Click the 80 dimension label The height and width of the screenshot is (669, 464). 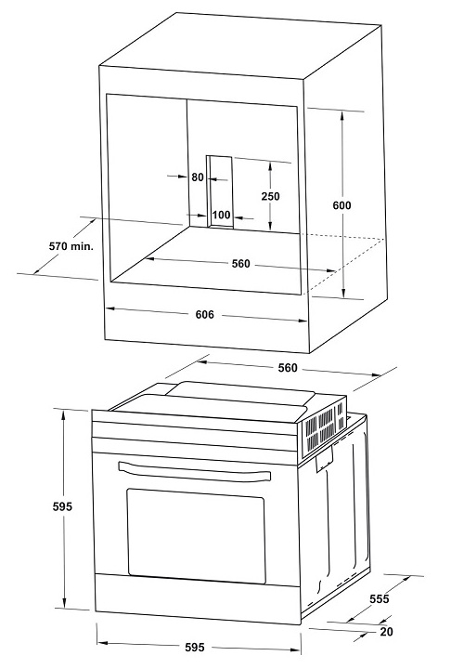(x=197, y=177)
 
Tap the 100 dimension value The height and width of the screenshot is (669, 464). (x=221, y=216)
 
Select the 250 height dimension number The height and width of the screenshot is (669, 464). (x=270, y=196)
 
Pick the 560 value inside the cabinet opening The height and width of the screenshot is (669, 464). (x=240, y=264)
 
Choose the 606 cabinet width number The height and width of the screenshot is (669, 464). (x=204, y=315)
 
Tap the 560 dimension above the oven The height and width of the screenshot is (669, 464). (x=288, y=367)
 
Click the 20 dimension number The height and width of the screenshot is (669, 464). (x=387, y=633)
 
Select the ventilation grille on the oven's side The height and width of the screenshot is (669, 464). (x=324, y=428)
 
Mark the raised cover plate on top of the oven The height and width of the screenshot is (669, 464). (x=237, y=394)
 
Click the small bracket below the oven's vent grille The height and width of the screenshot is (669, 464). (x=326, y=458)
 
